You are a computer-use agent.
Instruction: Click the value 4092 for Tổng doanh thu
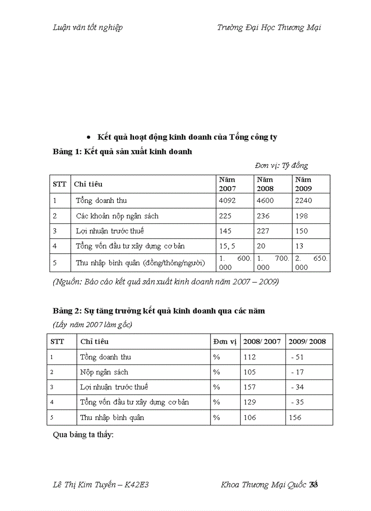[227, 201]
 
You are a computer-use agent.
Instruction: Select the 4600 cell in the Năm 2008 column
[265, 201]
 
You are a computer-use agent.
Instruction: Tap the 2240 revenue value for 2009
[303, 201]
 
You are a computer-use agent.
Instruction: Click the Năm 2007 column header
[227, 184]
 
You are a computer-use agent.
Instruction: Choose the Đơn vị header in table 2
[225, 341]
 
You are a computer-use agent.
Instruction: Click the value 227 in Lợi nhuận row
[263, 231]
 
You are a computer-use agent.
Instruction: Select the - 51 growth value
[297, 357]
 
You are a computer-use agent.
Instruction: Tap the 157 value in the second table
[250, 387]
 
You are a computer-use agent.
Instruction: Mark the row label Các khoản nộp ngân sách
[117, 216]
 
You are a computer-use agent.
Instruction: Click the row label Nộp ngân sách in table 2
[104, 372]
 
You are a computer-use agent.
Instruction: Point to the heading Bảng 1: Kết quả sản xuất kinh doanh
[122, 152]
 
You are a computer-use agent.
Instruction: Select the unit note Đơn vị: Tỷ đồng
[281, 165]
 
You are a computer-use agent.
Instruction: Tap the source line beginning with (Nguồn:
[166, 282]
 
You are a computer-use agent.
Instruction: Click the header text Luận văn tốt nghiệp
[88, 27]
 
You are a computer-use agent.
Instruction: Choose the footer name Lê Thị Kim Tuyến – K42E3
[101, 485]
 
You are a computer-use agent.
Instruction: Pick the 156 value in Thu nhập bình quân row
[295, 417]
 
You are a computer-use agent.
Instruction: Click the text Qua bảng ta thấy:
[83, 435]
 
